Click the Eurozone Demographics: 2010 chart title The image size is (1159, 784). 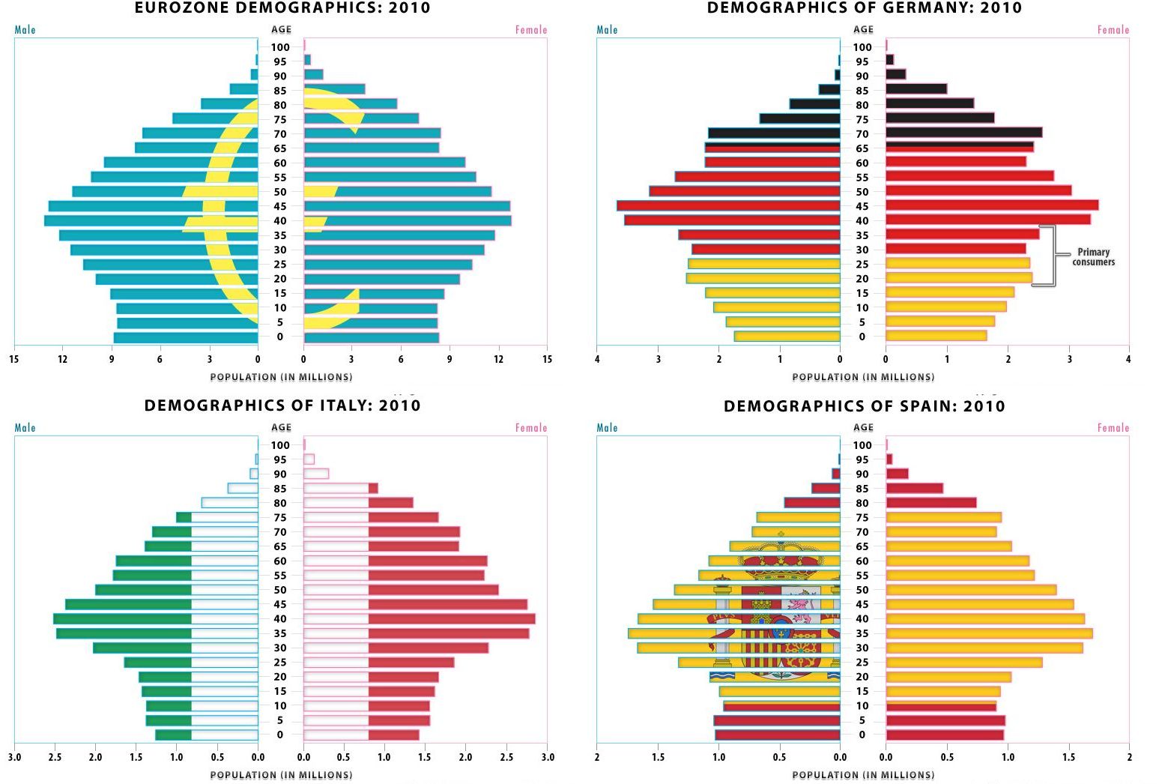[282, 8]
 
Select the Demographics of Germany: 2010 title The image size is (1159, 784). [864, 8]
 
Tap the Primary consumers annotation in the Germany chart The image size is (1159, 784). [1093, 257]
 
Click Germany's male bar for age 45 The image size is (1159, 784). [728, 205]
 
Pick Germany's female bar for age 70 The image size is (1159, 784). [963, 133]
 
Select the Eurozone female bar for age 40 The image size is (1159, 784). [408, 220]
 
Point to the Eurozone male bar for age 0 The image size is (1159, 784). [186, 337]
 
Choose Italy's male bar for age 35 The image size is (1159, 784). [157, 633]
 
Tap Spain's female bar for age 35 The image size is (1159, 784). [989, 633]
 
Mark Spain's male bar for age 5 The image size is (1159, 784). [777, 720]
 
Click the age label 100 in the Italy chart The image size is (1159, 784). [280, 445]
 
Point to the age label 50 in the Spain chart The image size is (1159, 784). [862, 590]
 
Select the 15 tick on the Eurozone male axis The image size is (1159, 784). [14, 359]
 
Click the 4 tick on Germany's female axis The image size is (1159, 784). [1128, 359]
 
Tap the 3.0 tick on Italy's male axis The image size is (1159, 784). [14, 757]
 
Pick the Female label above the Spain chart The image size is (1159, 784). [1113, 428]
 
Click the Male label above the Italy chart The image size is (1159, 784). [25, 428]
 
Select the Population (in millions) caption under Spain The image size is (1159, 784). [863, 775]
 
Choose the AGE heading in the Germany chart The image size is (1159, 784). [863, 29]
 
